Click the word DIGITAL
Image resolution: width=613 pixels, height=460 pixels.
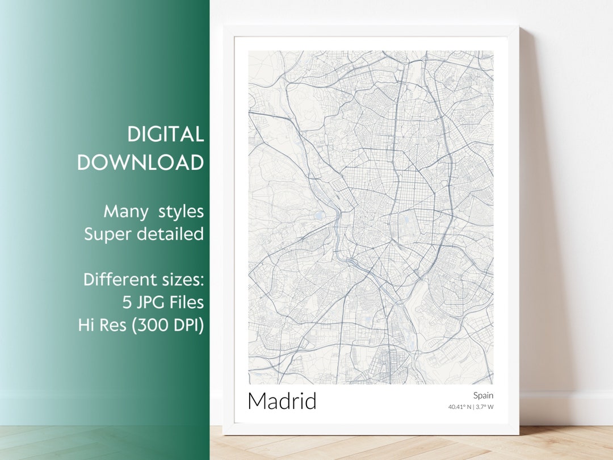(x=165, y=135)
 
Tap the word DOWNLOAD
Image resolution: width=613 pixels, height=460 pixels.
(x=140, y=162)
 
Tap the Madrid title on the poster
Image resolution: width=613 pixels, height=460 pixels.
(x=282, y=401)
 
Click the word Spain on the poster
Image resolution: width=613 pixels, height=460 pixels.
(x=483, y=395)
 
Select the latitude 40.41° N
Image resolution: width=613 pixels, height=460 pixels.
(x=460, y=407)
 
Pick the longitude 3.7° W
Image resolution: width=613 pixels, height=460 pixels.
(x=485, y=407)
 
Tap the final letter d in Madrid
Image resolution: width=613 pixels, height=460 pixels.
(x=310, y=401)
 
